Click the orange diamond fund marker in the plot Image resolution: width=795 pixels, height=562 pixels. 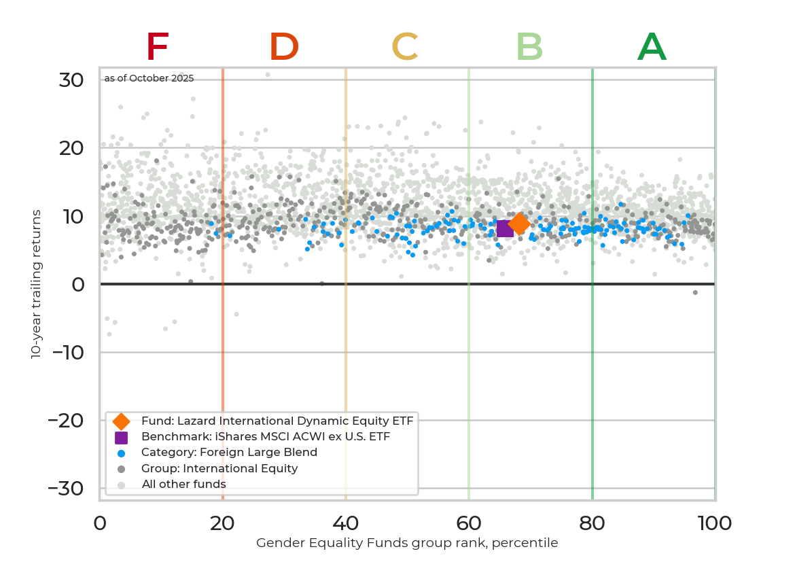519,223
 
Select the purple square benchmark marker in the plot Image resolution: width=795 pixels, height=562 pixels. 505,228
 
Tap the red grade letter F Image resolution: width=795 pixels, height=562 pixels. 157,48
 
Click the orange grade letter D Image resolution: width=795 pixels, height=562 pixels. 284,48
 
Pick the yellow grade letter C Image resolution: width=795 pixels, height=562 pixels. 405,48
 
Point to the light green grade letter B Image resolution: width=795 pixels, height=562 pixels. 529,48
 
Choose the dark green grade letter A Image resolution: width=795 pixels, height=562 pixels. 652,48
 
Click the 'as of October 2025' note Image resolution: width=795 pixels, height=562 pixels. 149,78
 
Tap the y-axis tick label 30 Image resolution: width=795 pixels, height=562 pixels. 71,80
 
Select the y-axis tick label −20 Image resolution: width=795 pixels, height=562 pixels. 66,421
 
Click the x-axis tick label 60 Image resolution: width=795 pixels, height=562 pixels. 468,523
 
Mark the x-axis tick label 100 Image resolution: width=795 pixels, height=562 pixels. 714,523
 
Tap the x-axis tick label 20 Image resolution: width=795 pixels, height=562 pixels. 222,523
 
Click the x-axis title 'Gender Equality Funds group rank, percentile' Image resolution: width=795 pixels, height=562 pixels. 407,543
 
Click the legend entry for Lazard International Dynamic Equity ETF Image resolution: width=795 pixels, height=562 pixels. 277,421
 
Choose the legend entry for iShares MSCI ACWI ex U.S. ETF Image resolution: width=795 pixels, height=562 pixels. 265,437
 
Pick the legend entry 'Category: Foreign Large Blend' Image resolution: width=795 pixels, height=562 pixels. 229,453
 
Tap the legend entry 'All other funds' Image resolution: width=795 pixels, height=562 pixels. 183,485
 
